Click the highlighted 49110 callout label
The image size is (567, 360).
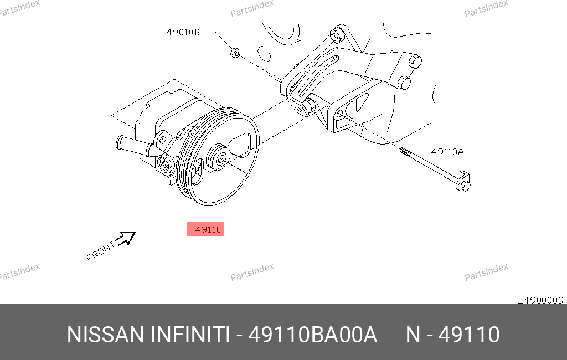point(205,229)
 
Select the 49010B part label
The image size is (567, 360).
point(183,32)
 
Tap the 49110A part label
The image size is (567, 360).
point(447,152)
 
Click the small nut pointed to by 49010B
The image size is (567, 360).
point(235,53)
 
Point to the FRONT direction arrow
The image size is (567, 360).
point(125,239)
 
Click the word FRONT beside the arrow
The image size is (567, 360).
point(100,251)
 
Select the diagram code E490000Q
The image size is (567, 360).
point(540,300)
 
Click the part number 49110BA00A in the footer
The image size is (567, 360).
point(313,335)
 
